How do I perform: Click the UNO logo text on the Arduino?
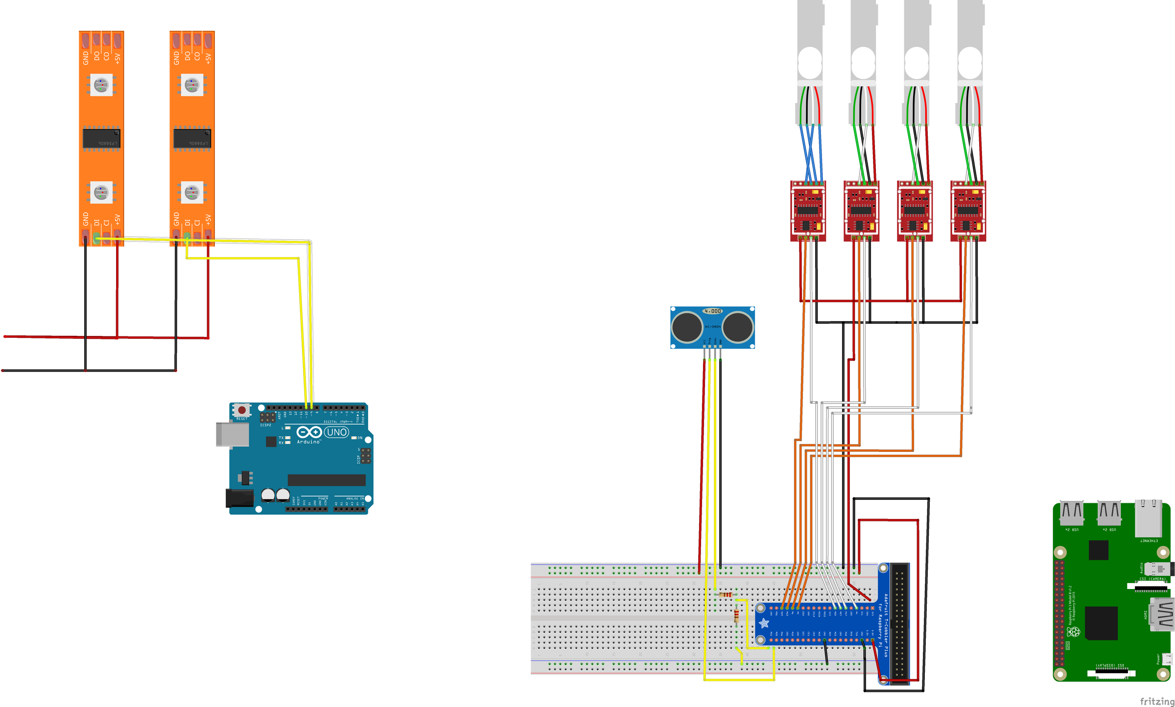pos(337,432)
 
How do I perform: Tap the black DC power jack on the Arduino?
pos(239,498)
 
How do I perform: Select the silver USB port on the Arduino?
pos(233,435)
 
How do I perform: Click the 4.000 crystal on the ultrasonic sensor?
pos(712,311)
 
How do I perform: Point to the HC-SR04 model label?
pos(712,327)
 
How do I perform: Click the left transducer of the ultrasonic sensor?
pos(687,327)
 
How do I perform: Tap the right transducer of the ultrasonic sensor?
pos(738,327)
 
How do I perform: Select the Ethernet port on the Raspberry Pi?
pos(1148,518)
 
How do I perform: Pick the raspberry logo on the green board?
pos(1073,632)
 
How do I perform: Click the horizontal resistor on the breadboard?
pos(726,595)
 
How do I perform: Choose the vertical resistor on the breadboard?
pos(737,616)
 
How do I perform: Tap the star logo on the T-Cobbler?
pos(764,623)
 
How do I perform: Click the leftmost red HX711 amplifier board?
pos(808,211)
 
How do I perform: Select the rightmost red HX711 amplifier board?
pos(968,211)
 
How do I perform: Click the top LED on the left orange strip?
pos(101,85)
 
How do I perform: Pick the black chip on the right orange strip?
pos(192,139)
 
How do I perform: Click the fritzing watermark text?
pos(1157,701)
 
